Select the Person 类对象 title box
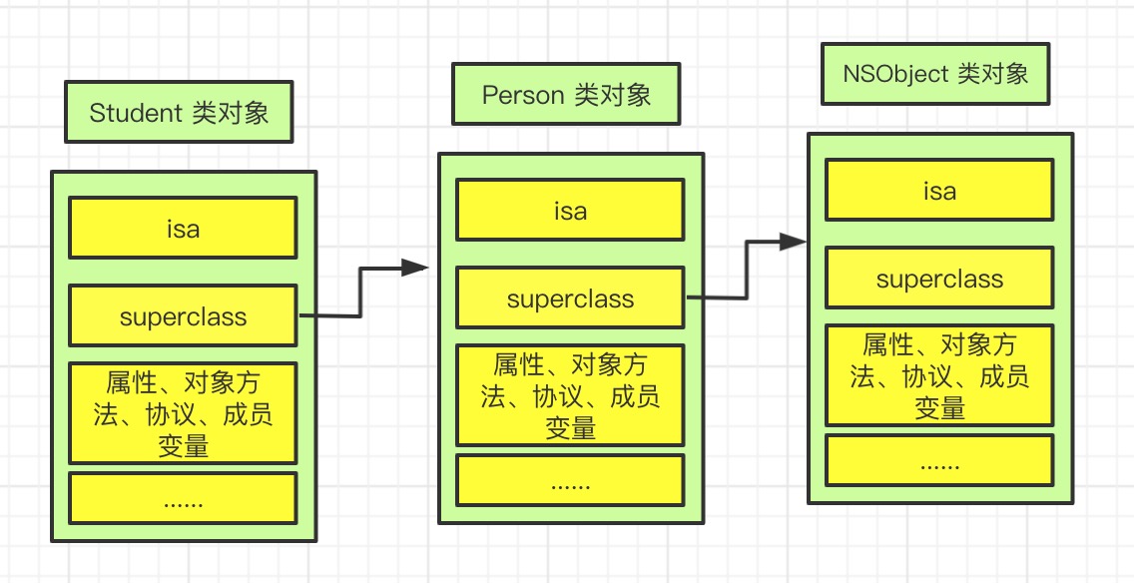tap(566, 95)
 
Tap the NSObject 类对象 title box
tap(935, 74)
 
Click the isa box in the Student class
tap(183, 229)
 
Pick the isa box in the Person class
tap(570, 211)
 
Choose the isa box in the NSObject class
tap(939, 191)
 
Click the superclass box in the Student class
tap(183, 316)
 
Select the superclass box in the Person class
tap(570, 298)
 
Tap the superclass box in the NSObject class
tap(939, 279)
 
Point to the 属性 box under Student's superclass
tap(183, 413)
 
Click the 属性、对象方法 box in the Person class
tap(570, 395)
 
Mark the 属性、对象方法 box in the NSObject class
tap(939, 375)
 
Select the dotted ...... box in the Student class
tap(183, 498)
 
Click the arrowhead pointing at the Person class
tap(415, 267)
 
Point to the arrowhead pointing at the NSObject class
tap(794, 242)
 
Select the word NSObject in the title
tap(895, 74)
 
